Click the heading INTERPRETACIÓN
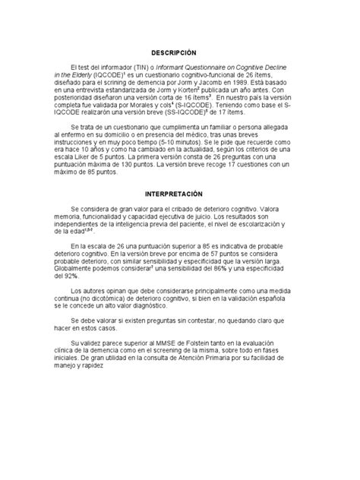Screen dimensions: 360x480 tap(180, 194)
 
